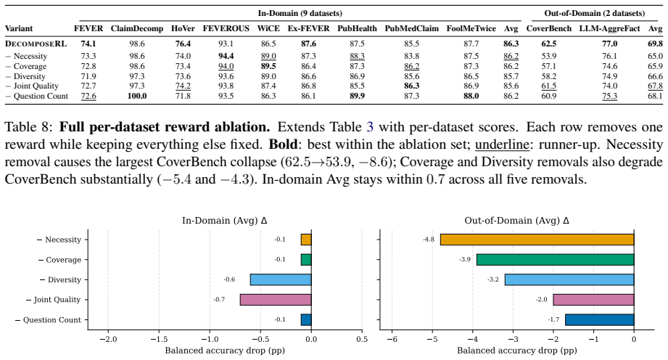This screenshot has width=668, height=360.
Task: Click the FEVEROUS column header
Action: click(226, 28)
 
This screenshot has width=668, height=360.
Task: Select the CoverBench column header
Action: click(549, 28)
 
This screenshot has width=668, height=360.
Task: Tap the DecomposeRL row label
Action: click(36, 44)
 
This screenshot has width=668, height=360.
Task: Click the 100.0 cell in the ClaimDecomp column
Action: click(137, 96)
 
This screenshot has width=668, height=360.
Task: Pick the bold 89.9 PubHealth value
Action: click(357, 96)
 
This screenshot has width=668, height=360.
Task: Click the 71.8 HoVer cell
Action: click(183, 96)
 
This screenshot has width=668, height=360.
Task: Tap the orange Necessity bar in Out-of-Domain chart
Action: click(537, 240)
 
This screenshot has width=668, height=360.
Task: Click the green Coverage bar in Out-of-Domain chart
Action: click(555, 260)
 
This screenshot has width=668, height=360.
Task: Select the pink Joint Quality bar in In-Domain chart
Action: click(276, 300)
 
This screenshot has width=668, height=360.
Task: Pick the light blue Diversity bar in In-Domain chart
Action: click(281, 280)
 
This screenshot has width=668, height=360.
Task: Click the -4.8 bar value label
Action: click(429, 240)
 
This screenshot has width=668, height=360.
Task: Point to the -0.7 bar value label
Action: click(219, 300)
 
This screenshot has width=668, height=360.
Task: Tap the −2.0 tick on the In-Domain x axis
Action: click(108, 339)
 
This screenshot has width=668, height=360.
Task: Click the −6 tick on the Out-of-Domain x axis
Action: click(392, 339)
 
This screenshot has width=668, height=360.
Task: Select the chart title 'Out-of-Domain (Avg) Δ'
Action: click(516, 221)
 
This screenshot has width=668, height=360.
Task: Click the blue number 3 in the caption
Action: click(370, 127)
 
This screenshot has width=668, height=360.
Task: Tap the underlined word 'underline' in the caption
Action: click(502, 144)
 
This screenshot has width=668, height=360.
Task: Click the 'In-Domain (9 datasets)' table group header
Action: click(300, 13)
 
